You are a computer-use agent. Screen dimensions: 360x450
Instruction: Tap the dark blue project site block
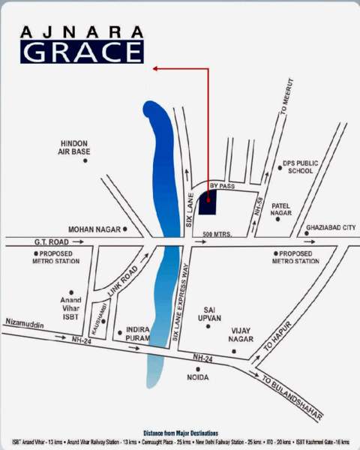click(208, 202)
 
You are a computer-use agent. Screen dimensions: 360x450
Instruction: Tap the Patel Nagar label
click(281, 208)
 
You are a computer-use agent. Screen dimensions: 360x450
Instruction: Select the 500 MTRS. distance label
click(217, 235)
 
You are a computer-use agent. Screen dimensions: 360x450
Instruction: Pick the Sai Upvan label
click(212, 313)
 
